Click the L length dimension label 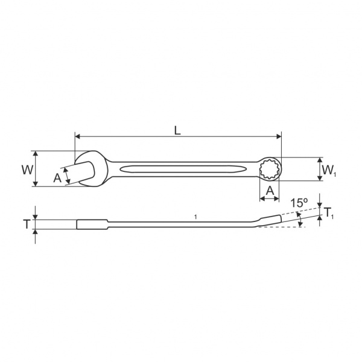(x=177, y=131)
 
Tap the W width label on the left (x=28, y=170)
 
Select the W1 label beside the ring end (x=329, y=170)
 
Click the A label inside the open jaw (x=57, y=178)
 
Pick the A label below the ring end (x=270, y=191)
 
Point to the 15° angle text (x=299, y=203)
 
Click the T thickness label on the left (x=27, y=224)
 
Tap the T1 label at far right (x=329, y=213)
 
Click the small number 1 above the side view (x=195, y=217)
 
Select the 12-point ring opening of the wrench (x=270, y=170)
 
